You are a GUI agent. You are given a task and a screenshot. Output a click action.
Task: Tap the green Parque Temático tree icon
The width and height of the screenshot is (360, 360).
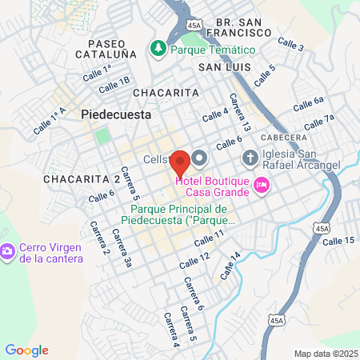coord(158,49)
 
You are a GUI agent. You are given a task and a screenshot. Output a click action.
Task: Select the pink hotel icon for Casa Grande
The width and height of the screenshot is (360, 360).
coord(261,186)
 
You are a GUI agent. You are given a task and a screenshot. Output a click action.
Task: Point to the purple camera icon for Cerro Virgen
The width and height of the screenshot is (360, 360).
coord(8,252)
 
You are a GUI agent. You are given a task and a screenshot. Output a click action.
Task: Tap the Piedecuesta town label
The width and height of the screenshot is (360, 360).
coord(114,114)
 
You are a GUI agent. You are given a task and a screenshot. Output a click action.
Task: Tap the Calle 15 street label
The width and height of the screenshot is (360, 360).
coord(338,240)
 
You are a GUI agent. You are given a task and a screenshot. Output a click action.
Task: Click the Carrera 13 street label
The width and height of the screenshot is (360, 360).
coord(240,113)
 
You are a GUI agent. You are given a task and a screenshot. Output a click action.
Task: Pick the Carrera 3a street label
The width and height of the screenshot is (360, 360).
coord(122,247)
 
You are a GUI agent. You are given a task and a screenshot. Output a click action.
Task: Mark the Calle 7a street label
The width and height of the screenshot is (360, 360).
coord(318,121)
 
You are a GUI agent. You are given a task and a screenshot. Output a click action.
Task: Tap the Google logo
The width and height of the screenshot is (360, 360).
coord(26,350)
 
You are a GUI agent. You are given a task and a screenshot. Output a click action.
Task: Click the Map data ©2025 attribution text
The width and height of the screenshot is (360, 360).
coord(326,354)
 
